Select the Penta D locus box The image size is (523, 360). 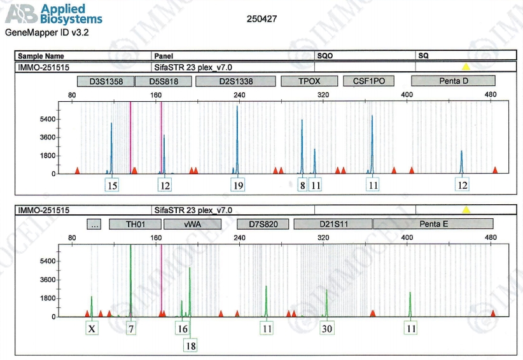[453, 81]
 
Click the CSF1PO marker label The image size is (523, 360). [369, 81]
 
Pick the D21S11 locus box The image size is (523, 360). [333, 224]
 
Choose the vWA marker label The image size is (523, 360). [192, 224]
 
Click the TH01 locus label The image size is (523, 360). [135, 224]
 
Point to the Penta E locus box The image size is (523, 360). [433, 224]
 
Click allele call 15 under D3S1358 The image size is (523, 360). [112, 185]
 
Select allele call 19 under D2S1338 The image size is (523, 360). [238, 185]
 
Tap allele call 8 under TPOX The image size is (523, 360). [302, 185]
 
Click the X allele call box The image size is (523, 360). [92, 328]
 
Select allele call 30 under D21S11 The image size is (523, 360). [327, 328]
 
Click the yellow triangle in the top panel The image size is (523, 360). [466, 66]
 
